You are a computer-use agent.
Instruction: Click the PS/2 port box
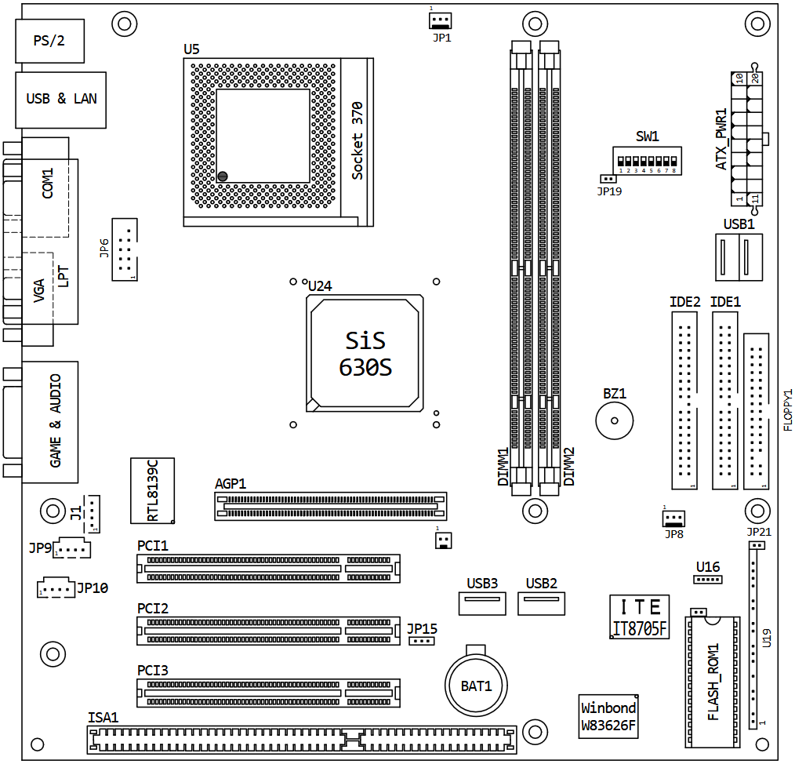click(49, 42)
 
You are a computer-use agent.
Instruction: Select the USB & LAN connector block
click(61, 100)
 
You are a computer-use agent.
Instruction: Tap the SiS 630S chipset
click(365, 353)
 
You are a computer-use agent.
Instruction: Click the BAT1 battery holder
click(477, 685)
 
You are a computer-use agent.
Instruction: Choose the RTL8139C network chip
click(153, 490)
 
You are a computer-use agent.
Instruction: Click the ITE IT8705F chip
click(639, 617)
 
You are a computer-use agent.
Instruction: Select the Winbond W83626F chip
click(608, 716)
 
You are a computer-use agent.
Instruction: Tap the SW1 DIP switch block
click(648, 161)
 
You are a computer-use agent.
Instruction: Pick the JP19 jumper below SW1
click(608, 180)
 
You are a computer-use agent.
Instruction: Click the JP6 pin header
click(124, 249)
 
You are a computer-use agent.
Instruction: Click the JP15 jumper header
click(422, 641)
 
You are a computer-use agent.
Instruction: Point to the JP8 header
click(673, 518)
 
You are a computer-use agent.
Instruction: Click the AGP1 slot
click(330, 506)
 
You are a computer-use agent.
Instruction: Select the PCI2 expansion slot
click(268, 631)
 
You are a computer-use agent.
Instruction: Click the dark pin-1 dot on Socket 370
click(223, 176)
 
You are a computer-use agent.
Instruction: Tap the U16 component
click(707, 580)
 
